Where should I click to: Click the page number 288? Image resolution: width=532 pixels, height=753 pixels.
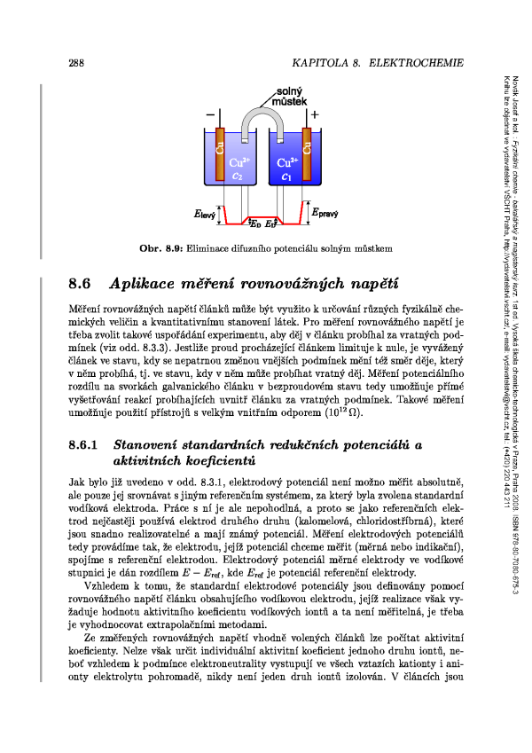click(75, 64)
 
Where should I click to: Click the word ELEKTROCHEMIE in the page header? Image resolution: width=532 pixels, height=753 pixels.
click(416, 64)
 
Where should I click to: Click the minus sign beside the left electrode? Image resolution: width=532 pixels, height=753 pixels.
click(209, 115)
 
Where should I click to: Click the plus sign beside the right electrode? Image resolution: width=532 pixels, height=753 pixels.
click(315, 115)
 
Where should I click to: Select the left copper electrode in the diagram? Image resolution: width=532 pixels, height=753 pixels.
click(221, 151)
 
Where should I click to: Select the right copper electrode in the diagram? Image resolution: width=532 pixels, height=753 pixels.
click(308, 151)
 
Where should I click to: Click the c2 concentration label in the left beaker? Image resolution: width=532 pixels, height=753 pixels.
click(238, 176)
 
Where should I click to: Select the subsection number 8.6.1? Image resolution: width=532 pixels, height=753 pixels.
click(85, 443)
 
